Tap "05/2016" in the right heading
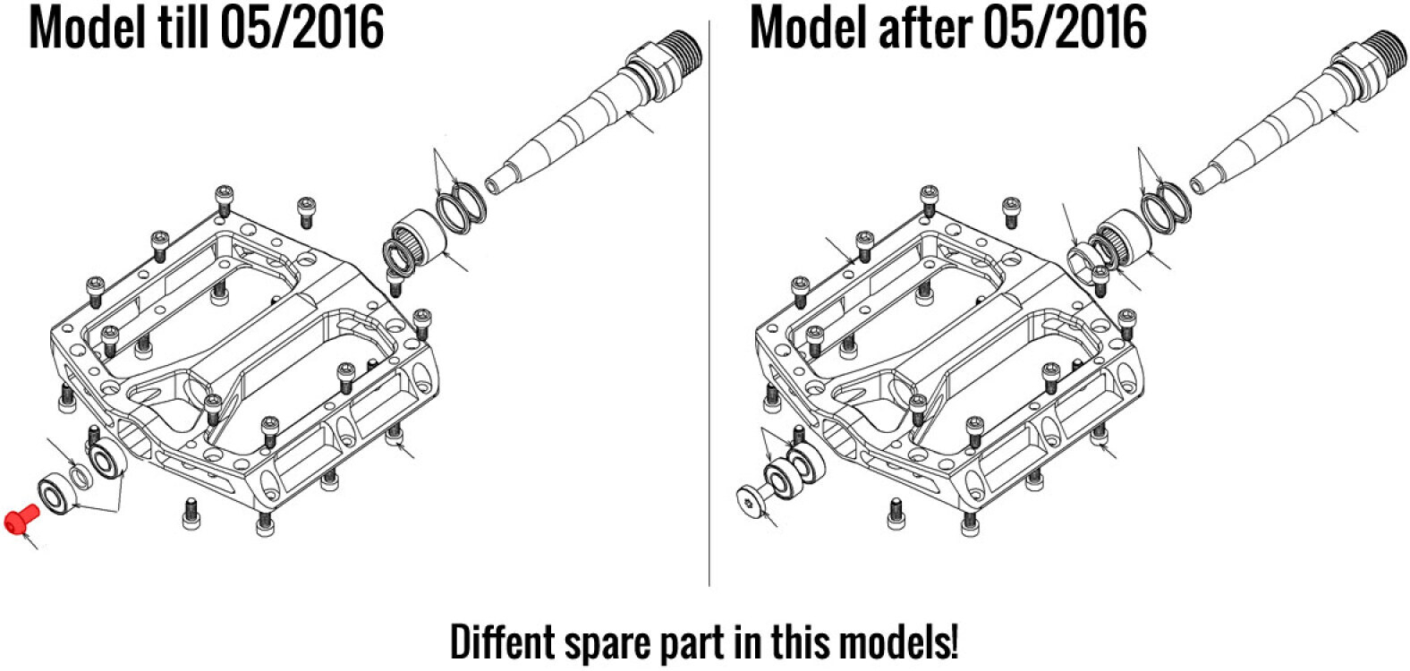click(x=1064, y=29)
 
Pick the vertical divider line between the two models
click(x=709, y=303)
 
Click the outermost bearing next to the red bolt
click(x=59, y=497)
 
